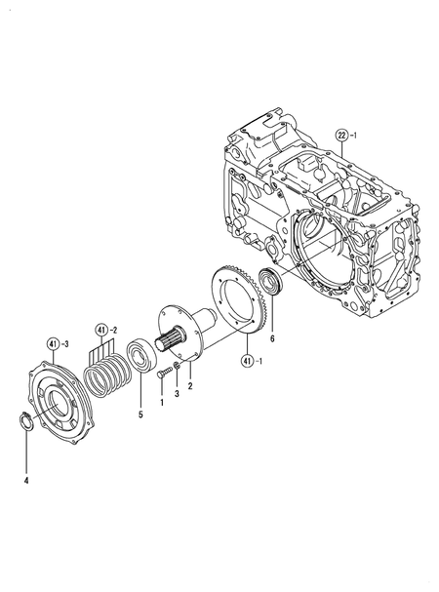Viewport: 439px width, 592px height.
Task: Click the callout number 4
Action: pos(27,480)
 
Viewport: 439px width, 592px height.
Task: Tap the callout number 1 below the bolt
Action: pos(161,402)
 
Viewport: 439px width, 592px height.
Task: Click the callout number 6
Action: pos(272,338)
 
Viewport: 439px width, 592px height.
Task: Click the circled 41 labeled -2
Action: pos(102,329)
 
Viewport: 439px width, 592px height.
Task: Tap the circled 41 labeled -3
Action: pos(53,342)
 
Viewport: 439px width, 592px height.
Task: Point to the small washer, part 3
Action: pos(176,367)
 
